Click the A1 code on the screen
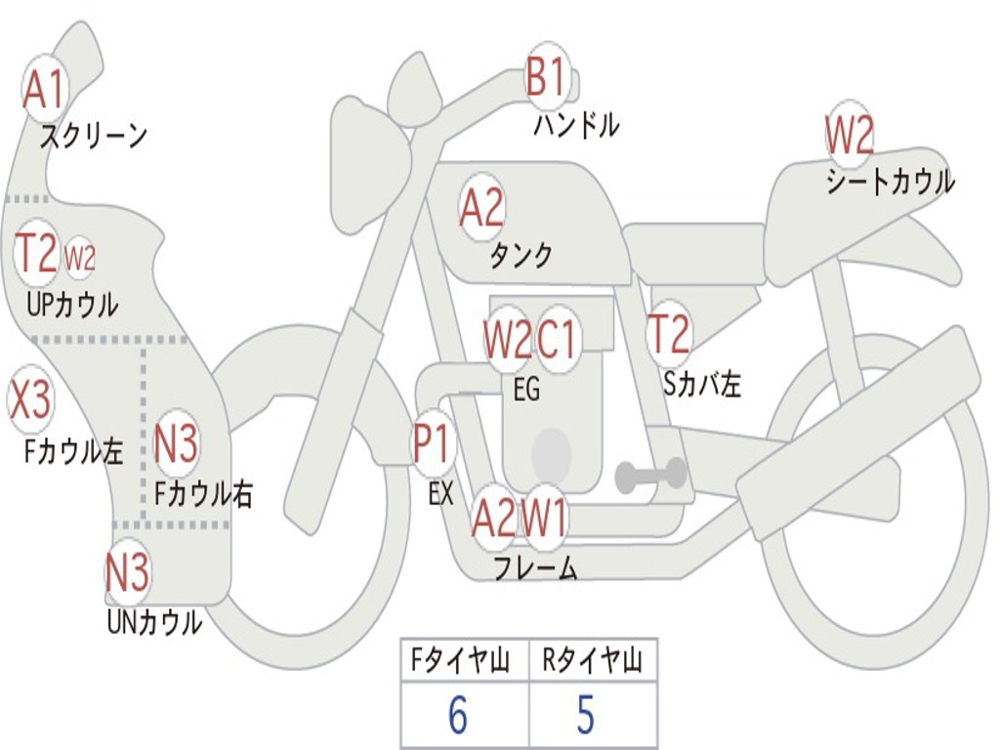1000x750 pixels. (x=43, y=90)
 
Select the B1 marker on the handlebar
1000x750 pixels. (x=546, y=77)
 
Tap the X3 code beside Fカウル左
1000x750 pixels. (x=29, y=399)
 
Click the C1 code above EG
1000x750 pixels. (x=559, y=340)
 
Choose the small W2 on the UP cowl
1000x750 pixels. (x=80, y=259)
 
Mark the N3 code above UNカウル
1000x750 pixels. (x=128, y=573)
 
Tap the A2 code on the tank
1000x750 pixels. (x=481, y=207)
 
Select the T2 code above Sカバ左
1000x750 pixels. (x=669, y=334)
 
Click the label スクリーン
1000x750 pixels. (x=93, y=136)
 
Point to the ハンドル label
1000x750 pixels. (x=576, y=125)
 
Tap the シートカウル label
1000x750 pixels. (x=890, y=183)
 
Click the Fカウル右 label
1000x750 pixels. (x=204, y=493)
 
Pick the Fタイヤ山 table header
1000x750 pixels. (x=464, y=661)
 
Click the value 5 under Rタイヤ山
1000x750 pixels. (x=585, y=716)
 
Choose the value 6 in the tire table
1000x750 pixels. (x=457, y=716)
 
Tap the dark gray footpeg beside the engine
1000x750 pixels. (x=651, y=476)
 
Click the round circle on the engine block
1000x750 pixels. (x=551, y=452)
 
